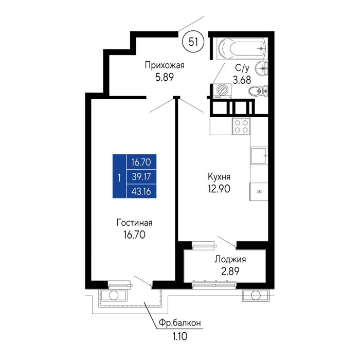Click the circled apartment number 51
coord(193,42)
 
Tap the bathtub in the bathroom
coord(242,49)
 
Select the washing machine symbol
coord(222,91)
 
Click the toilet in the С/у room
coord(258,91)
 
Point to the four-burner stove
coord(241,126)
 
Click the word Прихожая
coord(165,65)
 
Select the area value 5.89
coord(165,77)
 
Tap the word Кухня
coord(219,177)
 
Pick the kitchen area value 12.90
coord(219,189)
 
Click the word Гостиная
coord(135,223)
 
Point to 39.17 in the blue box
coord(141,177)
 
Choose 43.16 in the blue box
coord(141,191)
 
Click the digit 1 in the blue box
coord(119,178)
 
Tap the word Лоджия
coord(230,260)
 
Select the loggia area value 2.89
coord(230,271)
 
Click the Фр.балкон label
coord(180,323)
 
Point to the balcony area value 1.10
coord(179,336)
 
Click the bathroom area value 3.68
coord(242,80)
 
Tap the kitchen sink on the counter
coord(259,156)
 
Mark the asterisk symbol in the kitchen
coord(259,192)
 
